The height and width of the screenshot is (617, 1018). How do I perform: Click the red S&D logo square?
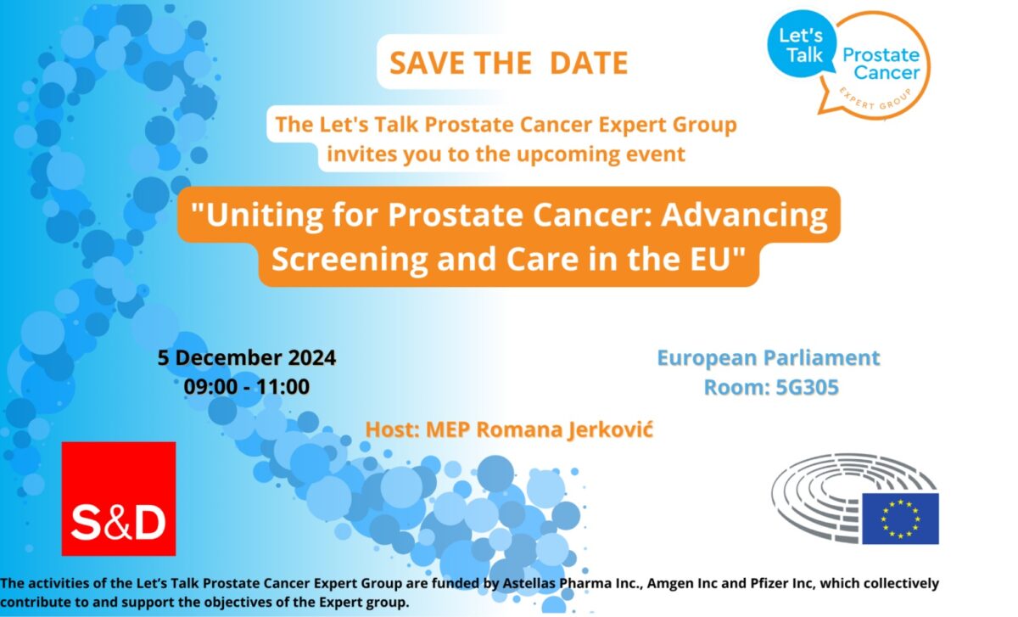(119, 499)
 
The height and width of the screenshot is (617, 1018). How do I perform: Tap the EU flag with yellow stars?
(900, 519)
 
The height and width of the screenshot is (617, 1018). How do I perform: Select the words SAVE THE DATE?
(509, 63)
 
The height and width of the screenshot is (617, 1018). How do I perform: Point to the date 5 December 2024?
(247, 358)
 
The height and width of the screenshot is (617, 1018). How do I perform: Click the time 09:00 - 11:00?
(247, 387)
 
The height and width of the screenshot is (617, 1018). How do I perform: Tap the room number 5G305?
(807, 387)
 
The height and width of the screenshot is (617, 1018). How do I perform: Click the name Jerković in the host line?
(610, 430)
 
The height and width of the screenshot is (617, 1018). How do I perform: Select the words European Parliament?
(769, 358)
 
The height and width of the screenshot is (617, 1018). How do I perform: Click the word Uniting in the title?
(265, 215)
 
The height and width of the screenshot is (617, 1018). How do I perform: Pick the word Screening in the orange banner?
(350, 259)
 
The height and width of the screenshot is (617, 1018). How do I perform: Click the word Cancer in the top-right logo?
(887, 73)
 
